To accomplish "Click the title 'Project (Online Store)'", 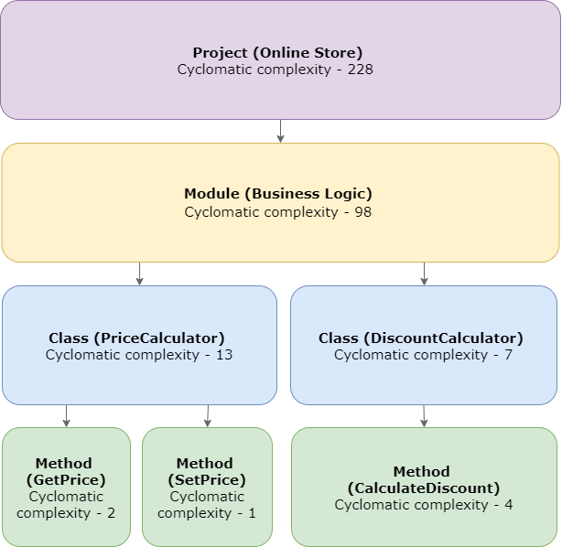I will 277,53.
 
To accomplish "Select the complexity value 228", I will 360,70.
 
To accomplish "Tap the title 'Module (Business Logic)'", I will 278,194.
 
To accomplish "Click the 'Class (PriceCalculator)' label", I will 136,338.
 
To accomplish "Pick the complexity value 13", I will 222,354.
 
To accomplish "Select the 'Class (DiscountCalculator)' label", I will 421,338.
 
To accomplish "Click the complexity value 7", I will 508,354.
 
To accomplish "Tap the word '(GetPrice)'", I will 66,479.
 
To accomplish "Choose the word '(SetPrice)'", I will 207,479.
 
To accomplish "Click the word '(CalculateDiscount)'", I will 423,488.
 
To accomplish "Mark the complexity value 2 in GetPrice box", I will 111,513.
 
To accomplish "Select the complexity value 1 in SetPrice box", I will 252,513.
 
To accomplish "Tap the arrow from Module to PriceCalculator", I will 139,273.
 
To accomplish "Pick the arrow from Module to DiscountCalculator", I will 424,273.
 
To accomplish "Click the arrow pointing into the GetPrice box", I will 66,416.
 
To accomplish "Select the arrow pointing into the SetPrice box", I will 207,416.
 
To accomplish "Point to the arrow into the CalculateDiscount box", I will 424,416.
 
